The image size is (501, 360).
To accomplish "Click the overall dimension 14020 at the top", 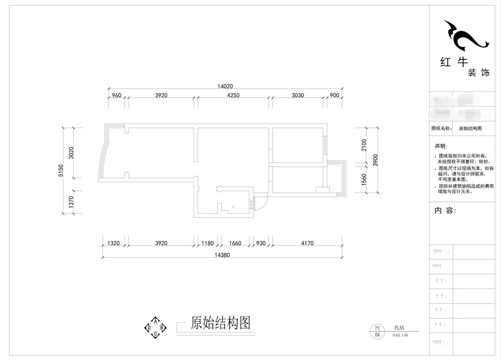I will pos(225,86).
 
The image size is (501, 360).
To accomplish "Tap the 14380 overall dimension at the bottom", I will pos(221,255).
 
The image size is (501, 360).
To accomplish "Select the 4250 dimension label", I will pos(233,96).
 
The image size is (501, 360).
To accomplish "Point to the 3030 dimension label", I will pos(297,96).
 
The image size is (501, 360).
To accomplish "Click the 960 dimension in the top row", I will pos(116,96).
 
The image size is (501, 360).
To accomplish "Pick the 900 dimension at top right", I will pos(334,96).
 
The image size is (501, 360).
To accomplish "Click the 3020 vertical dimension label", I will pos(71,153).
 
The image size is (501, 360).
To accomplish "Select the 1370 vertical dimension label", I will pos(71,202).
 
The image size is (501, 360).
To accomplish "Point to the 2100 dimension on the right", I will pos(364,145).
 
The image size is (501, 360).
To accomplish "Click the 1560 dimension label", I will pos(364,179).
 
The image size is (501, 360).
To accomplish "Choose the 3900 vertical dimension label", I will pos(375,160).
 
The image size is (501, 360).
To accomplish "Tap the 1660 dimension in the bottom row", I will pos(235,243).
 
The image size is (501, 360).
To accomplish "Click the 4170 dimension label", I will pos(307,243).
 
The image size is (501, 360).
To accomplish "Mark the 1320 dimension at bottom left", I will pos(114,243).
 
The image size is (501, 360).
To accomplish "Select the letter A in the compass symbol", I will pos(156,321).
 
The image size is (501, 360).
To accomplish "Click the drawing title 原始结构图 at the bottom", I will pos(220,323).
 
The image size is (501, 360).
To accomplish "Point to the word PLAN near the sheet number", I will pos(399,328).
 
